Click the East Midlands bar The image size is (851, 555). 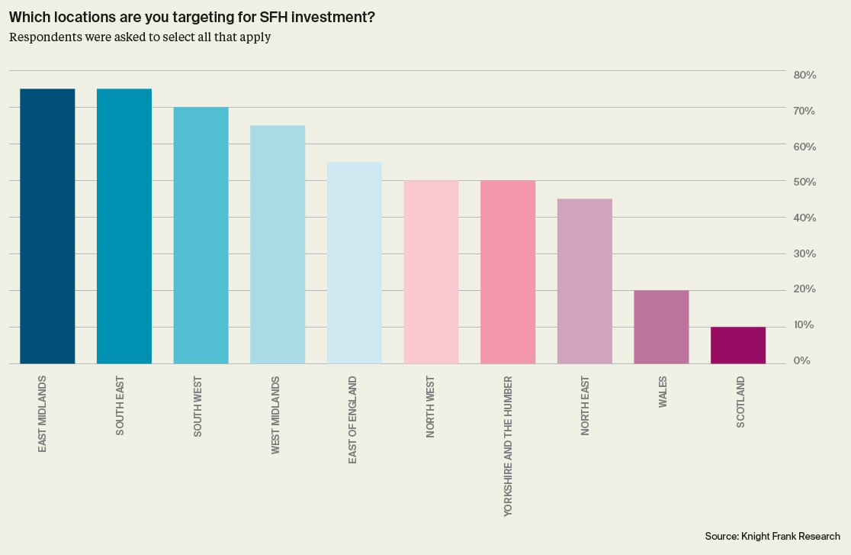pos(47,226)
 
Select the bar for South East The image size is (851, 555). pos(124,226)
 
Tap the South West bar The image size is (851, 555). pos(201,235)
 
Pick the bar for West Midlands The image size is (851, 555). pos(278,244)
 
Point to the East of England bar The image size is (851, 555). pos(355,263)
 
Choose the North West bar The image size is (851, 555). pos(431,272)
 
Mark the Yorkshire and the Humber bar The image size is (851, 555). pos(508,272)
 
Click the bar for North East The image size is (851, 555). pos(585,281)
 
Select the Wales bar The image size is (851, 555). pos(661,327)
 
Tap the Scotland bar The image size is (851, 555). pos(738,345)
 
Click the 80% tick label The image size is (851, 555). pos(804,75)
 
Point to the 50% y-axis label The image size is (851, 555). pos(804,182)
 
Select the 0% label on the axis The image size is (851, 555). pos(808,360)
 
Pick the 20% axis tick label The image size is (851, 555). pos(804,289)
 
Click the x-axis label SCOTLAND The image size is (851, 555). pos(740,402)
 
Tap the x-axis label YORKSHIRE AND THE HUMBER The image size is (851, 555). pos(509,447)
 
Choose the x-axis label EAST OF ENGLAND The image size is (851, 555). pos(352,420)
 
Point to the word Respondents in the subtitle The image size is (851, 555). pos(42,37)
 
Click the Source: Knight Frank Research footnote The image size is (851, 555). pos(772,537)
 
